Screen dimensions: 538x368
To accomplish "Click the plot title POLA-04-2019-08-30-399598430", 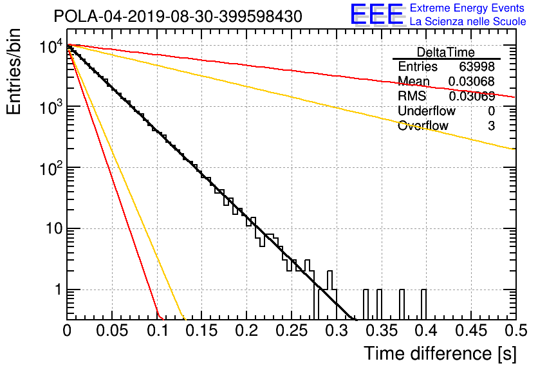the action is [x=178, y=16].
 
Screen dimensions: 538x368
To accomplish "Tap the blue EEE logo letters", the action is [x=376, y=14].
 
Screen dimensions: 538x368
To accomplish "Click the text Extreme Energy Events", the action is [x=467, y=8].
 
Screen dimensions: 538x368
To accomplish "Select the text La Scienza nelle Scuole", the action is [x=468, y=22].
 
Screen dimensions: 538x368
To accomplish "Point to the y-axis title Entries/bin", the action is [x=14, y=71].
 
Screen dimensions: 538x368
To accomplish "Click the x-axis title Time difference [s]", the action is [x=440, y=353].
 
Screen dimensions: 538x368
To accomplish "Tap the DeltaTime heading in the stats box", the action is [x=446, y=52].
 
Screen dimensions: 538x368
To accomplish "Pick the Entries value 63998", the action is [x=477, y=66].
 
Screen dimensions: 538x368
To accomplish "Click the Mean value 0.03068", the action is [x=472, y=81].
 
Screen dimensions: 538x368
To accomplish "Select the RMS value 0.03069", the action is [x=472, y=96].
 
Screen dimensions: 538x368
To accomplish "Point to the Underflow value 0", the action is [x=491, y=111].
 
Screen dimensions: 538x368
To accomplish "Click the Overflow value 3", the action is [x=491, y=125].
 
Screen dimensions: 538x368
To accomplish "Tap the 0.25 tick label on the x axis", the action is [x=292, y=331].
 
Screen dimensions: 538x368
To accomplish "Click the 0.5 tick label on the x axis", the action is [x=516, y=331].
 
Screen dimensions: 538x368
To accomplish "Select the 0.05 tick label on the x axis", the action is [x=112, y=331].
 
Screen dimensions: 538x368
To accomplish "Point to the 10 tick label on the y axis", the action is [x=54, y=228].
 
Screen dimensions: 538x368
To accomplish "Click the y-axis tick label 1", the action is [x=59, y=290].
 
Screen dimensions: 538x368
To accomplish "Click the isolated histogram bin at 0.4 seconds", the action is [x=424, y=304].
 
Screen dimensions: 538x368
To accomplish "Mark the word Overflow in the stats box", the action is [x=423, y=125].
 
